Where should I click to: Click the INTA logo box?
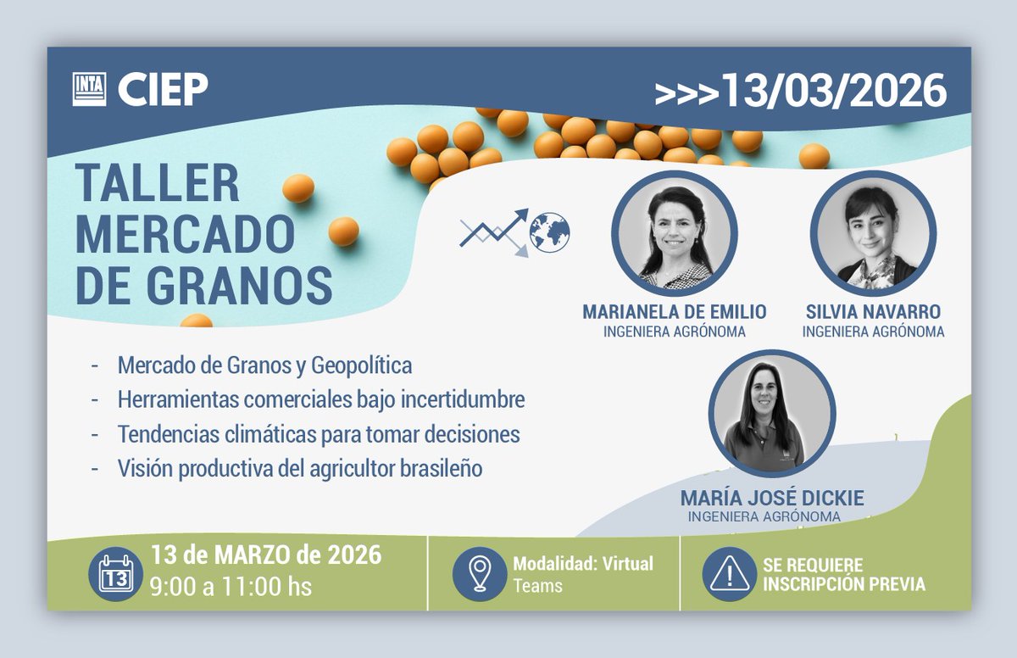[x=89, y=89]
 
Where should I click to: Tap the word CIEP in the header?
[x=163, y=90]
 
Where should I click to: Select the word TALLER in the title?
[x=158, y=183]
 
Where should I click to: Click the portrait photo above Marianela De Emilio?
[x=675, y=234]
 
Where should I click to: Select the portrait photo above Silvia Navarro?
[x=873, y=234]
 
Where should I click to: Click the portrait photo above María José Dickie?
[x=772, y=413]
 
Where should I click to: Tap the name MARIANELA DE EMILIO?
[x=675, y=312]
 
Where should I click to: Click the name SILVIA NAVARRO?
[x=873, y=312]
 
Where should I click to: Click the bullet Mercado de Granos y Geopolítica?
[x=264, y=365]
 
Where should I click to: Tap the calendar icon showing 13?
[x=116, y=574]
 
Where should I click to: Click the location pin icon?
[x=479, y=574]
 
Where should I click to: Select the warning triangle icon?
[x=729, y=574]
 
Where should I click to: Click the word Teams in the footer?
[x=537, y=585]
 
